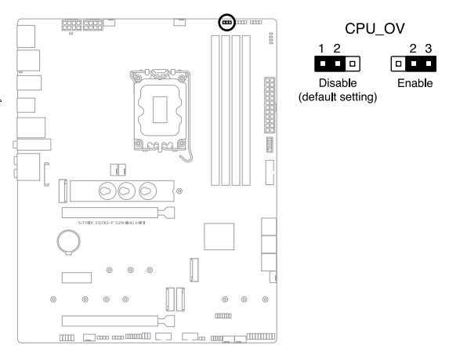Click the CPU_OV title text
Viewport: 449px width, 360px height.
pyautogui.click(x=375, y=29)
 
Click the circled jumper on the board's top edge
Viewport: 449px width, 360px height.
pyautogui.click(x=226, y=22)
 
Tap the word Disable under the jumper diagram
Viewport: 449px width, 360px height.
pyautogui.click(x=338, y=83)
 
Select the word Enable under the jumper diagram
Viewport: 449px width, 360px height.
pyautogui.click(x=415, y=83)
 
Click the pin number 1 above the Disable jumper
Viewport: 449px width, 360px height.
pyautogui.click(x=321, y=49)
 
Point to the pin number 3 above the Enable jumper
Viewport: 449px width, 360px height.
pyautogui.click(x=429, y=49)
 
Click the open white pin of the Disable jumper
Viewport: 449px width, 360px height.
pyautogui.click(x=353, y=64)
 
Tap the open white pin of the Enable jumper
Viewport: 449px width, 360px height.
pyautogui.click(x=398, y=64)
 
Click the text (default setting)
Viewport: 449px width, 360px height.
pyautogui.click(x=338, y=97)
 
